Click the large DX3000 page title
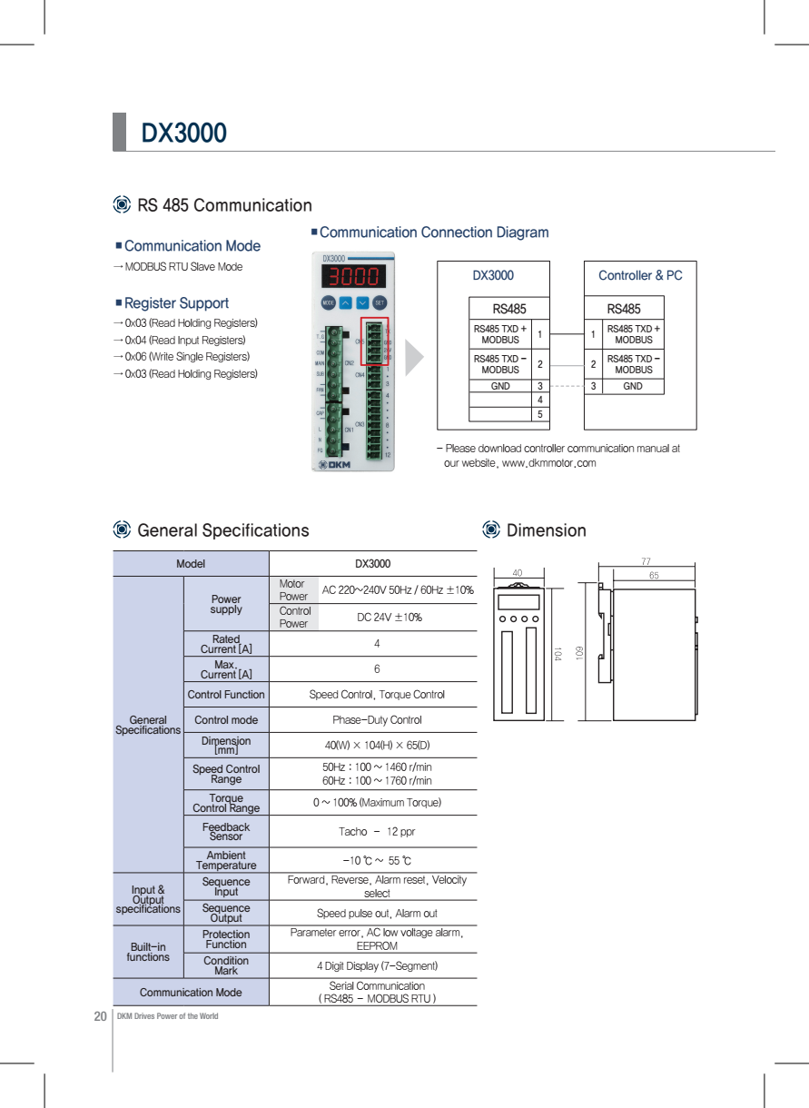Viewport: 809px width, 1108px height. (x=184, y=134)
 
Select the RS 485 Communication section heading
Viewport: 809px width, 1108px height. (x=223, y=205)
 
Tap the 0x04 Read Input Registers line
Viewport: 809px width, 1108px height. (x=185, y=340)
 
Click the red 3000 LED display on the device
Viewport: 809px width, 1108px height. (x=353, y=276)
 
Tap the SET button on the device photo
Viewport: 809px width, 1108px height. (x=380, y=302)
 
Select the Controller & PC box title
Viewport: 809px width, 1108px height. (x=640, y=275)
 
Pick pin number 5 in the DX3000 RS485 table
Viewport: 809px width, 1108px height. (x=540, y=415)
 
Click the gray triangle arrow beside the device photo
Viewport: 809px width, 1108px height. (x=414, y=358)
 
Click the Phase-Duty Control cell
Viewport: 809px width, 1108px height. (x=377, y=720)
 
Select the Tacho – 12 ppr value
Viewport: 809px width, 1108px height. (x=377, y=832)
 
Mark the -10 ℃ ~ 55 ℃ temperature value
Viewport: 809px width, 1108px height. (x=377, y=861)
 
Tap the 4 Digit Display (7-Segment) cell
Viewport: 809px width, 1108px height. (x=377, y=965)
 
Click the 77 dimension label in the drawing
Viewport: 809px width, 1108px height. (x=646, y=562)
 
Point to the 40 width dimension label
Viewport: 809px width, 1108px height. (x=518, y=573)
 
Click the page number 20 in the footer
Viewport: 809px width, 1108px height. (x=100, y=1015)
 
